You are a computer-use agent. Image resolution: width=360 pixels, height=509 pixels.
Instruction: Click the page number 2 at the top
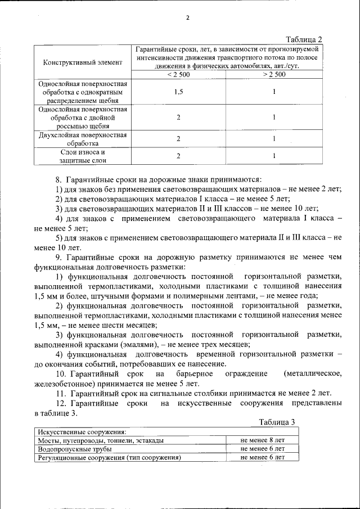[188, 17]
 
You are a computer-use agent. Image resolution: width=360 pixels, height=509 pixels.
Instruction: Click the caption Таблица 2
[304, 39]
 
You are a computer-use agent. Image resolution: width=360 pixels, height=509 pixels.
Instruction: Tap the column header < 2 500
[178, 74]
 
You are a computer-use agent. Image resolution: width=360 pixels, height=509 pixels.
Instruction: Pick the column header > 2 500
[273, 74]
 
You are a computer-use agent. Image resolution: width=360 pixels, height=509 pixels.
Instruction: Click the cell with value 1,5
[178, 92]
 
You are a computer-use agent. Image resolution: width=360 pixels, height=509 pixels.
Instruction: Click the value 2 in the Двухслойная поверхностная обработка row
[178, 139]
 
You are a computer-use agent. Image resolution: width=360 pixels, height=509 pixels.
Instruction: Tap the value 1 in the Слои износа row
[273, 156]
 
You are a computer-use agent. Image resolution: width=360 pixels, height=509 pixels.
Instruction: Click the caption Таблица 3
[277, 422]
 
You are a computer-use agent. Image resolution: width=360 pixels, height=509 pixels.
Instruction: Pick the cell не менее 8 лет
[262, 440]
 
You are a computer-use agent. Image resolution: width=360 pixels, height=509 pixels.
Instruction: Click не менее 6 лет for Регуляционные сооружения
[262, 457]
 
